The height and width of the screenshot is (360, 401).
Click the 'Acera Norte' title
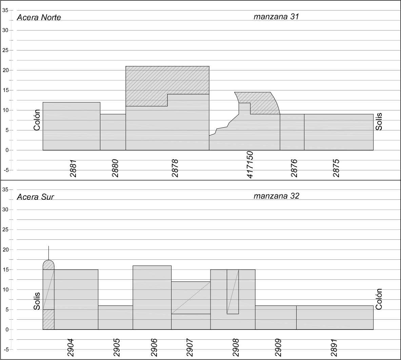coord(39,18)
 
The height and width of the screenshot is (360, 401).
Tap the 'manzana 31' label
coord(276,17)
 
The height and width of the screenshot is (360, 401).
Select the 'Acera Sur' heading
coord(35,197)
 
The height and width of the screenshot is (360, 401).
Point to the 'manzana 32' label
coord(276,196)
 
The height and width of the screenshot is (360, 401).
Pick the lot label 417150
coord(250,165)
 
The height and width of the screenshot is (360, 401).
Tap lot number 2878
coord(175,168)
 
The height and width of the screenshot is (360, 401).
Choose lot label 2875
coord(336,168)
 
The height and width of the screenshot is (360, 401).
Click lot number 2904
coord(71,348)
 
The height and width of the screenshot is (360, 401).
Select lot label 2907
coord(190,348)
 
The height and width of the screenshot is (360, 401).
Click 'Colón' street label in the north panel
coord(37,120)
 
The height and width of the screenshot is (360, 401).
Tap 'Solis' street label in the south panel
coord(37,301)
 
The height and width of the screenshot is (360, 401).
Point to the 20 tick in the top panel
coord(5,70)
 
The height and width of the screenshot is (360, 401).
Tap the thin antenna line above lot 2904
coord(48,253)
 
